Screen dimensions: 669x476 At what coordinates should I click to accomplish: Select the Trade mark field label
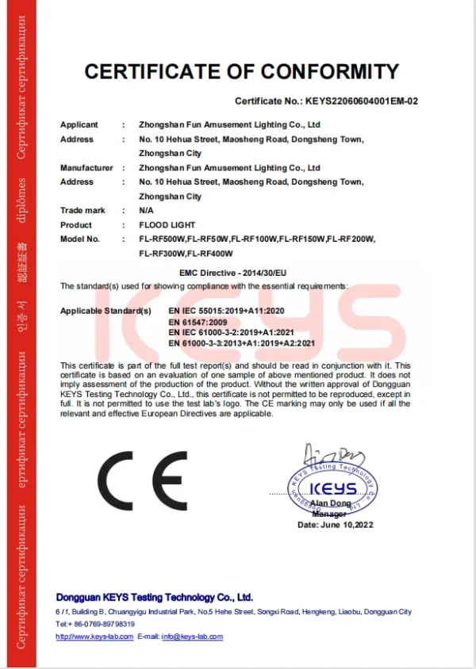[x=83, y=211]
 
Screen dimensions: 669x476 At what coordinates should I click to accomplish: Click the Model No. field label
[x=80, y=239]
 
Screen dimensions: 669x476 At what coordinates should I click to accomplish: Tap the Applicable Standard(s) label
[x=106, y=312]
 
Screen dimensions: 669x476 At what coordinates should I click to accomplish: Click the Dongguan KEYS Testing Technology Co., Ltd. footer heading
[x=154, y=597]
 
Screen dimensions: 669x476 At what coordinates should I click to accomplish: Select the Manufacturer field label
[x=86, y=168]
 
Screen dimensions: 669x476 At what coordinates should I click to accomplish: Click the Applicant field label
[x=79, y=125]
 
